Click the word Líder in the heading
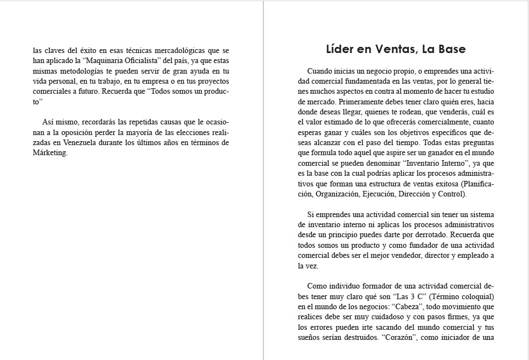pos(340,50)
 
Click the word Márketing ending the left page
pos(50,153)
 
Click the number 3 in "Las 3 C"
pos(403,296)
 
